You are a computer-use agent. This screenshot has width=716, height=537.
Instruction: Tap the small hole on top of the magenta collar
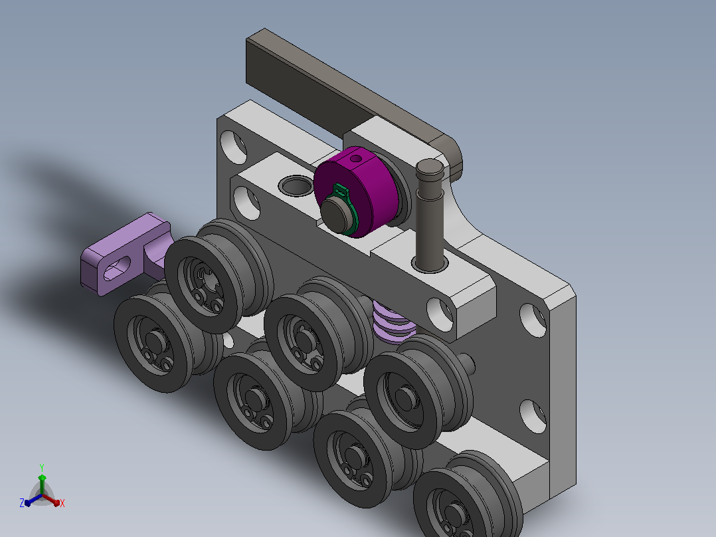tap(355, 159)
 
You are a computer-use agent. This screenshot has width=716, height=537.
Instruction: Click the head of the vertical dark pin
tap(430, 169)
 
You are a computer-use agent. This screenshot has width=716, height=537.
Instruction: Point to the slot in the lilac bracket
tap(117, 269)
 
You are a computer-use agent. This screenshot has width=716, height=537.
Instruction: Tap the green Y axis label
tap(42, 467)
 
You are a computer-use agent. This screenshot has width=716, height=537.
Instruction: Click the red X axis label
tap(62, 503)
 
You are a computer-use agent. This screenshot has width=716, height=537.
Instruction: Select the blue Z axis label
tap(21, 503)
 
